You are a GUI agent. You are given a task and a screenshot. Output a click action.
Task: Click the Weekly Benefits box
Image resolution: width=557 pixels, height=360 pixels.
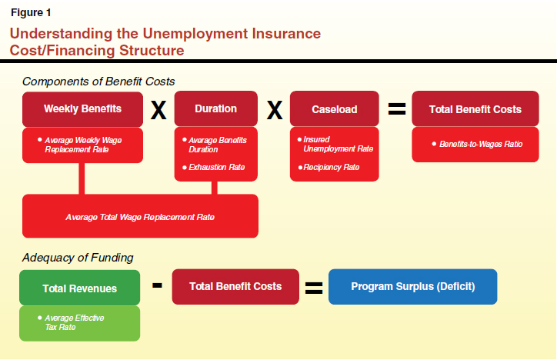coord(82,109)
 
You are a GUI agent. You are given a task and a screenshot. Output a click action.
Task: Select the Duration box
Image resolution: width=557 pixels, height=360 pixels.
coord(216,108)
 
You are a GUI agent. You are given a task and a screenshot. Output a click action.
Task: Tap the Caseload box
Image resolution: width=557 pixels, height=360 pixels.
coord(334,108)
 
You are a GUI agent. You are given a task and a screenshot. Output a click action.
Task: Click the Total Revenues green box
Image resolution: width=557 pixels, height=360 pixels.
coord(79,288)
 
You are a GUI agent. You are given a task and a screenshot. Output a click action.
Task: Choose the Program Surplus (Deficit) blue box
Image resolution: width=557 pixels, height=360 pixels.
coord(413,286)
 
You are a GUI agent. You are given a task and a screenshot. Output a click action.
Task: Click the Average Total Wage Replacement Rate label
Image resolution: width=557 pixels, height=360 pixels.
coord(140,217)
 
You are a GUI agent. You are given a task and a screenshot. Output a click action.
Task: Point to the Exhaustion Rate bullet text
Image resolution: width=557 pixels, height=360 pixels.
coord(217,167)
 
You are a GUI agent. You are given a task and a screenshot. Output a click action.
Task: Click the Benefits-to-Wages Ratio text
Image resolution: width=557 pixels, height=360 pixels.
coord(481,144)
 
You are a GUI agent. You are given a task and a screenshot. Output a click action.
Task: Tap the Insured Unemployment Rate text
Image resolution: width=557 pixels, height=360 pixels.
coord(339,144)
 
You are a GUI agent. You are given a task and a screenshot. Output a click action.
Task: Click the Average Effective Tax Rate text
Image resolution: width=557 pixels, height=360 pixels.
coord(75,322)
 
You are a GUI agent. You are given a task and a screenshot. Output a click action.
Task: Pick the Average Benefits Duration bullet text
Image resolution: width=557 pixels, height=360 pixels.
coord(218,145)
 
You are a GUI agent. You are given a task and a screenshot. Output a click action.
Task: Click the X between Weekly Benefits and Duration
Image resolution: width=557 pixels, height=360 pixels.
coord(158,110)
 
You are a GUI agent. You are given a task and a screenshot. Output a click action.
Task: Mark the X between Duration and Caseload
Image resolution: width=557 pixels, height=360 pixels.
coord(275,110)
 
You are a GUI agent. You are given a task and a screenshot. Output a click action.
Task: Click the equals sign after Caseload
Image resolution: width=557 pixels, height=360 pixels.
coord(397,109)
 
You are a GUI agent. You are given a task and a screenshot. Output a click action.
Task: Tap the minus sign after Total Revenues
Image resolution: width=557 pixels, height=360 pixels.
coord(157,285)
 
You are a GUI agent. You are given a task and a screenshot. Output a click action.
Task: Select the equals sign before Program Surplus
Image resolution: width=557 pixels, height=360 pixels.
coord(314,288)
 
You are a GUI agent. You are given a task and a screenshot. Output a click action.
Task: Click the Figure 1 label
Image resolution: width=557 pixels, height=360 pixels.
coord(31,13)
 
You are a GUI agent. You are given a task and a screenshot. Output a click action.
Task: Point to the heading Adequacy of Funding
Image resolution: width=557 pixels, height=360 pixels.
coord(78,258)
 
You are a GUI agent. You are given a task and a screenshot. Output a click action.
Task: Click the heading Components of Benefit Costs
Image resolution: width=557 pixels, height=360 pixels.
coord(98,82)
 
